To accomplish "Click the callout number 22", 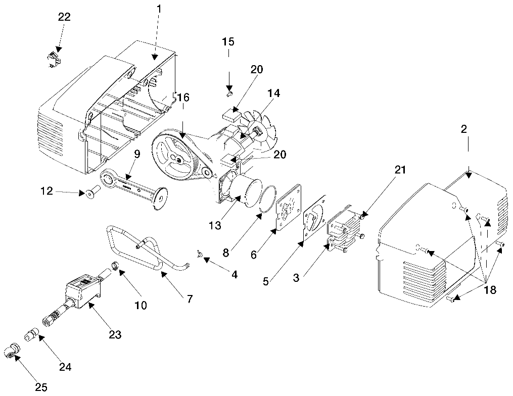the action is coord(64,17).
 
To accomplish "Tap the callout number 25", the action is coord(41,387).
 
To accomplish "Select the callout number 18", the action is coord(490,290).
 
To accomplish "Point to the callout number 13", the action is coord(215,225).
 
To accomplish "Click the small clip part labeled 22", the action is coord(53,59).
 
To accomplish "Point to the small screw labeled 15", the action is coord(229,94).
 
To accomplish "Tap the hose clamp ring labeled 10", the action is coord(114,265).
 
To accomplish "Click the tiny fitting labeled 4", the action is coord(199,253).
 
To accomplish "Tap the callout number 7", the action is coord(190,299).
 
